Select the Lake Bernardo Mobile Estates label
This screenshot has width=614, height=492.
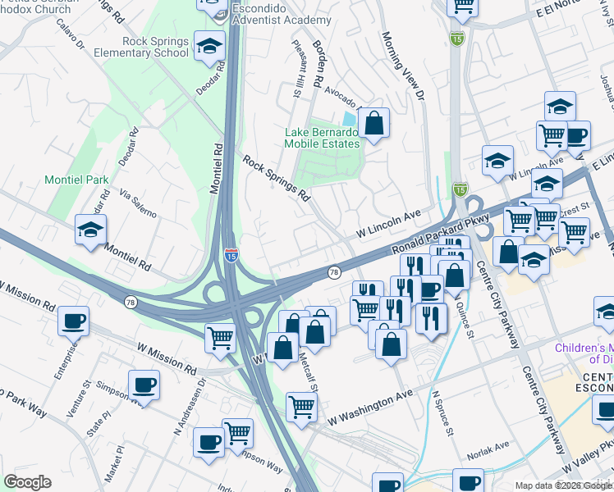[x=322, y=138]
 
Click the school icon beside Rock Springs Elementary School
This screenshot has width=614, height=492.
[x=209, y=48]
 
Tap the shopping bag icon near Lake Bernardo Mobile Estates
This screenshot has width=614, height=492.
[x=373, y=125]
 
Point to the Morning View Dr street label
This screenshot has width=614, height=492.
[x=403, y=66]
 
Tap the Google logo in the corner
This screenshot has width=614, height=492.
[x=27, y=482]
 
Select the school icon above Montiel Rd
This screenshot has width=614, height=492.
[x=90, y=230]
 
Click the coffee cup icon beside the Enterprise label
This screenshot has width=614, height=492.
[x=74, y=321]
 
